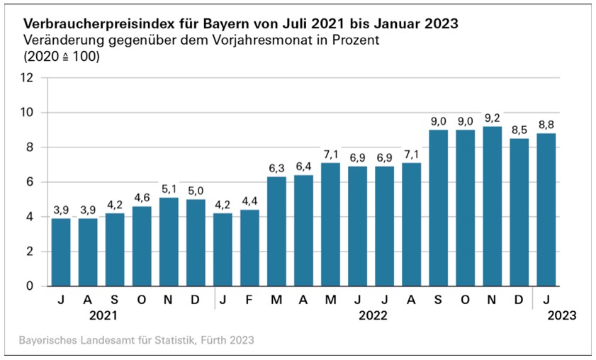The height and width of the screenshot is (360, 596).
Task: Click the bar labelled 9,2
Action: click(492, 206)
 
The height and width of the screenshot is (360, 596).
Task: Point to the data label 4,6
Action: click(142, 197)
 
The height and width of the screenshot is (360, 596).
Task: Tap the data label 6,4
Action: click(303, 166)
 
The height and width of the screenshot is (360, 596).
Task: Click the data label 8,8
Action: click(546, 124)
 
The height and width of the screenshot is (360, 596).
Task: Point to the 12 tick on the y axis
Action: click(28, 78)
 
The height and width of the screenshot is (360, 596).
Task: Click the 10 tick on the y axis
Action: click(28, 113)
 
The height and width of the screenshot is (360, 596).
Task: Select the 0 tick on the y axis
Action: click(30, 286)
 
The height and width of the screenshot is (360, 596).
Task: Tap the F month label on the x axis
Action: click(249, 300)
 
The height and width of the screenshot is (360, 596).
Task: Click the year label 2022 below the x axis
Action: click(373, 316)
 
